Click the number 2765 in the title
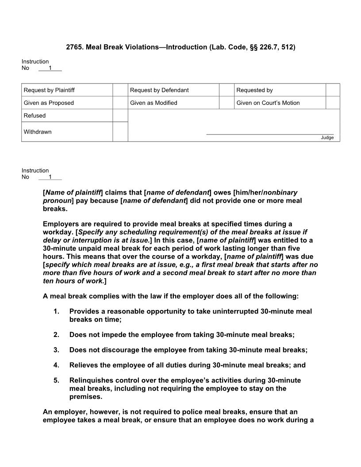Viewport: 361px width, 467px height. [74, 47]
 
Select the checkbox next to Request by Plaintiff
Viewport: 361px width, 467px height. [120, 90]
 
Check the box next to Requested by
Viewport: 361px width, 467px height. [333, 90]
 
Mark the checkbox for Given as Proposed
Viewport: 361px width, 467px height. [120, 103]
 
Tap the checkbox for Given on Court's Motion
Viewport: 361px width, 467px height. [333, 103]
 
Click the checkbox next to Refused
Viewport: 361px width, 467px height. [120, 115]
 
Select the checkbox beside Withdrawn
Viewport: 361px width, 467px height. [120, 132]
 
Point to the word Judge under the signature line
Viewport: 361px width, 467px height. [327, 138]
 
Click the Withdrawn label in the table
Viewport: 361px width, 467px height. [38, 132]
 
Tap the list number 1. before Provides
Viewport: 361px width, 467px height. [56, 311]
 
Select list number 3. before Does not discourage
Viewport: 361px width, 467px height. [56, 350]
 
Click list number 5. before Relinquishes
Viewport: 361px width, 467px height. [56, 380]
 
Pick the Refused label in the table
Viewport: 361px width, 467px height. [35, 115]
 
